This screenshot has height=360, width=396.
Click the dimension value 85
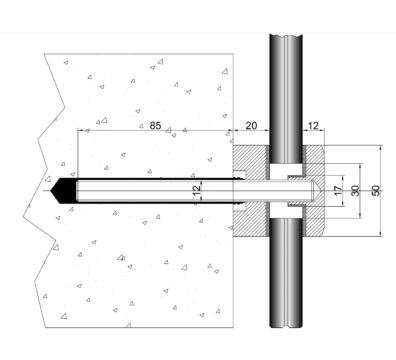coord(155,126)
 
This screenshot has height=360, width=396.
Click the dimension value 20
coord(251,126)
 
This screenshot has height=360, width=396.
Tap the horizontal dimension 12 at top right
coord(313,126)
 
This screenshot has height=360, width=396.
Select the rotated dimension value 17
coord(338,191)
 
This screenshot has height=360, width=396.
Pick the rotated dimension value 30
coord(356,191)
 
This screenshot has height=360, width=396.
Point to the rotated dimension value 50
coord(376,191)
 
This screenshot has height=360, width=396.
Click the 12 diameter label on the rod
coord(197,190)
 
